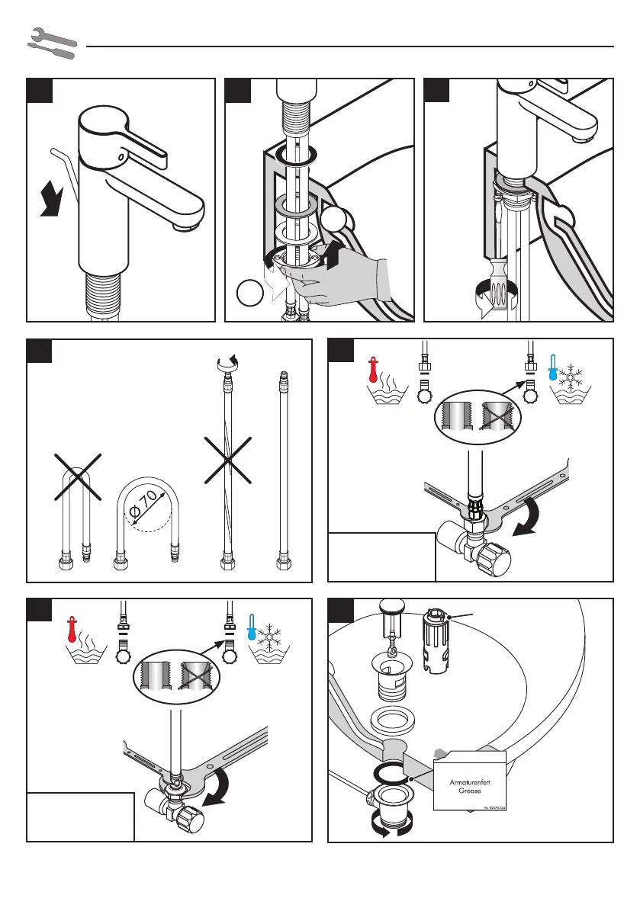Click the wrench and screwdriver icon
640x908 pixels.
[x=51, y=43]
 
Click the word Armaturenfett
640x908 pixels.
[x=469, y=781]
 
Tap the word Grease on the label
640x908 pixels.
[x=469, y=791]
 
